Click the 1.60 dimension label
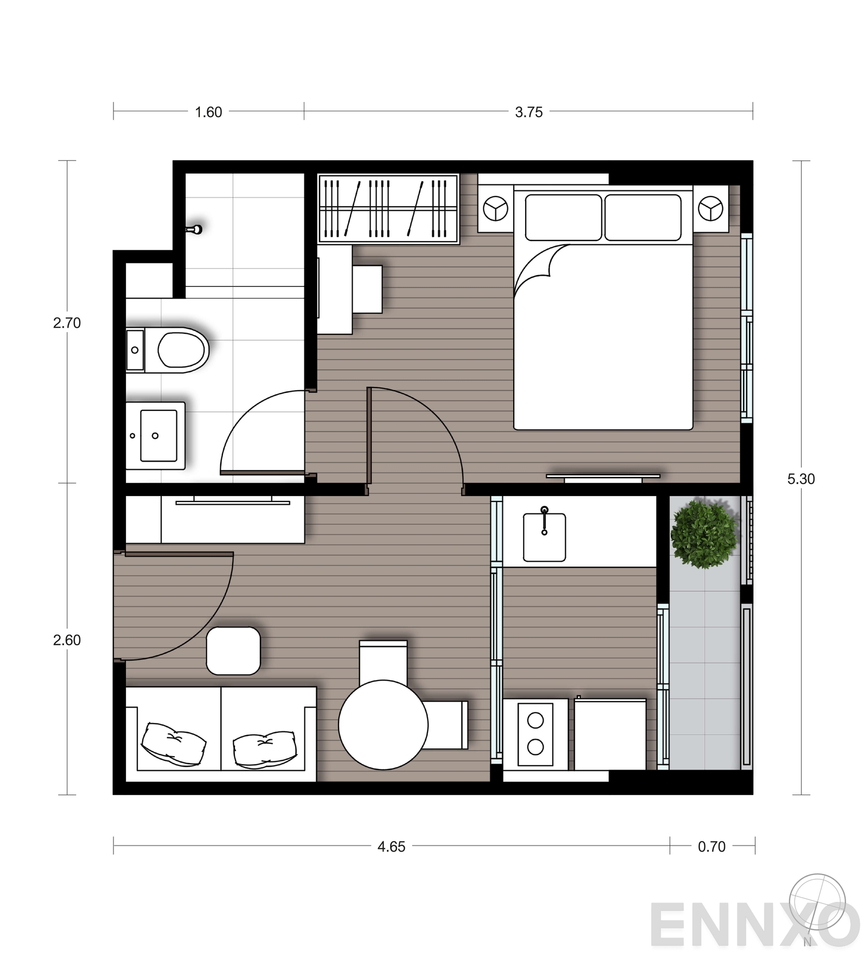tap(208, 112)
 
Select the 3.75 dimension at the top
tap(528, 112)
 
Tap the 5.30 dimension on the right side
tap(801, 479)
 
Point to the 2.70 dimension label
tap(67, 323)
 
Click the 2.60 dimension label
tap(67, 640)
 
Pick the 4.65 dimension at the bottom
tap(391, 847)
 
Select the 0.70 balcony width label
tap(711, 847)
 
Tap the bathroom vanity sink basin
tap(158, 435)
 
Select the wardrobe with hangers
tap(388, 208)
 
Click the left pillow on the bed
tap(563, 218)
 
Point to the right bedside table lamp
tap(710, 208)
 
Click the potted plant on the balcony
tap(704, 534)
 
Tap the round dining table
tap(383, 725)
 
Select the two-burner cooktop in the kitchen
tap(535, 734)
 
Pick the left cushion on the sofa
tap(174, 744)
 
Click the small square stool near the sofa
tap(233, 651)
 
